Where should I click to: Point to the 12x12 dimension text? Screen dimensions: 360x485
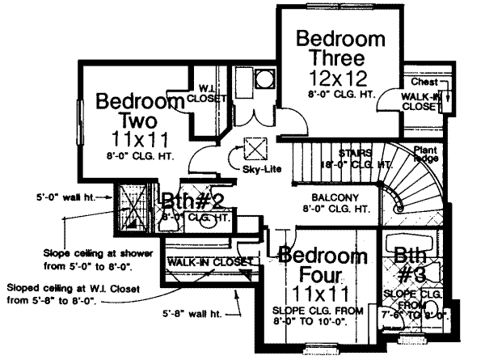(338, 78)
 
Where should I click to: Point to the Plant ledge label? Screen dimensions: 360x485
(426, 155)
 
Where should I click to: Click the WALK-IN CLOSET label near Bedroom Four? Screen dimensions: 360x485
(205, 262)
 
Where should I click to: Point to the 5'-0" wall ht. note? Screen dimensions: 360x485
(64, 196)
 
